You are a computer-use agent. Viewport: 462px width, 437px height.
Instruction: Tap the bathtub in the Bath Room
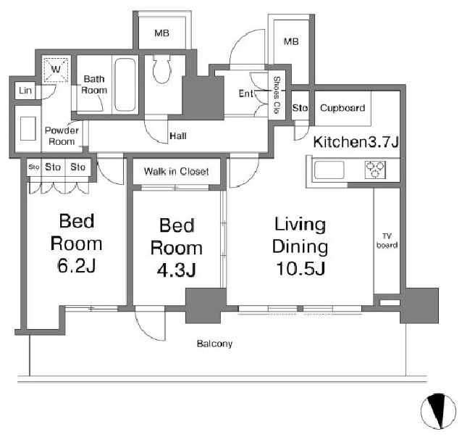click(125, 85)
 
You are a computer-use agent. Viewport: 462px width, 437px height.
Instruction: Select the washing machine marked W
click(56, 70)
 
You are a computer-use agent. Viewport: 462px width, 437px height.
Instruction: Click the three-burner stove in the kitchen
click(375, 170)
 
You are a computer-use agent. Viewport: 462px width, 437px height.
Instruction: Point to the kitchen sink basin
click(329, 170)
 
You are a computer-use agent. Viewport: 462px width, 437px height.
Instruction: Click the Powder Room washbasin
click(28, 128)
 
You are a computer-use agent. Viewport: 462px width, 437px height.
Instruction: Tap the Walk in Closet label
click(176, 171)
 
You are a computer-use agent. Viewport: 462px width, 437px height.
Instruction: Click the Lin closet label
click(25, 91)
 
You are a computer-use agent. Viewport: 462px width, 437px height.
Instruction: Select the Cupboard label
click(343, 108)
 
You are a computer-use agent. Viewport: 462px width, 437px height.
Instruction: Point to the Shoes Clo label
click(277, 95)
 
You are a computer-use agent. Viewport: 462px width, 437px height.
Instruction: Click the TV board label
click(387, 241)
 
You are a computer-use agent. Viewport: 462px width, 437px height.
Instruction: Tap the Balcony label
click(214, 344)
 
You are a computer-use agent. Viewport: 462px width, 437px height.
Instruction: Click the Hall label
click(178, 136)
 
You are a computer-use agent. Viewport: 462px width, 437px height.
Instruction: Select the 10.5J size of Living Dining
click(301, 268)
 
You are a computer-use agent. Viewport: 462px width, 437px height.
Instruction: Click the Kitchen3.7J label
click(356, 142)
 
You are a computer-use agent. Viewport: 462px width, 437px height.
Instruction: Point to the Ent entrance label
click(245, 93)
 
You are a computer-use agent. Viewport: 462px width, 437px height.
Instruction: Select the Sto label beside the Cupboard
click(300, 108)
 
